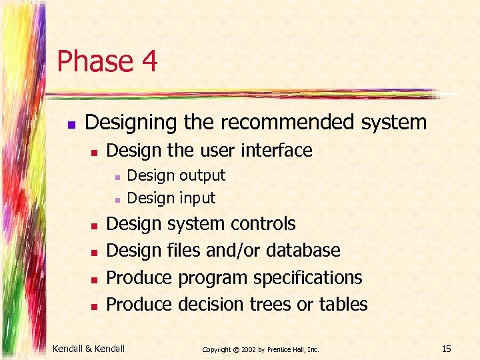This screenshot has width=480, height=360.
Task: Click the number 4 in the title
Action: click(x=149, y=61)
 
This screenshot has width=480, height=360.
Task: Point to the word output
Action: click(x=201, y=175)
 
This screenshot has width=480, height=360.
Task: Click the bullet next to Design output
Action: click(x=116, y=177)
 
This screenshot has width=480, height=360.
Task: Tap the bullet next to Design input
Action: click(x=116, y=199)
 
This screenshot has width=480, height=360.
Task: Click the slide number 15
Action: click(x=446, y=348)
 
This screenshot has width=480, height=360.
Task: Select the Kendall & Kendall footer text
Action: click(x=89, y=348)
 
